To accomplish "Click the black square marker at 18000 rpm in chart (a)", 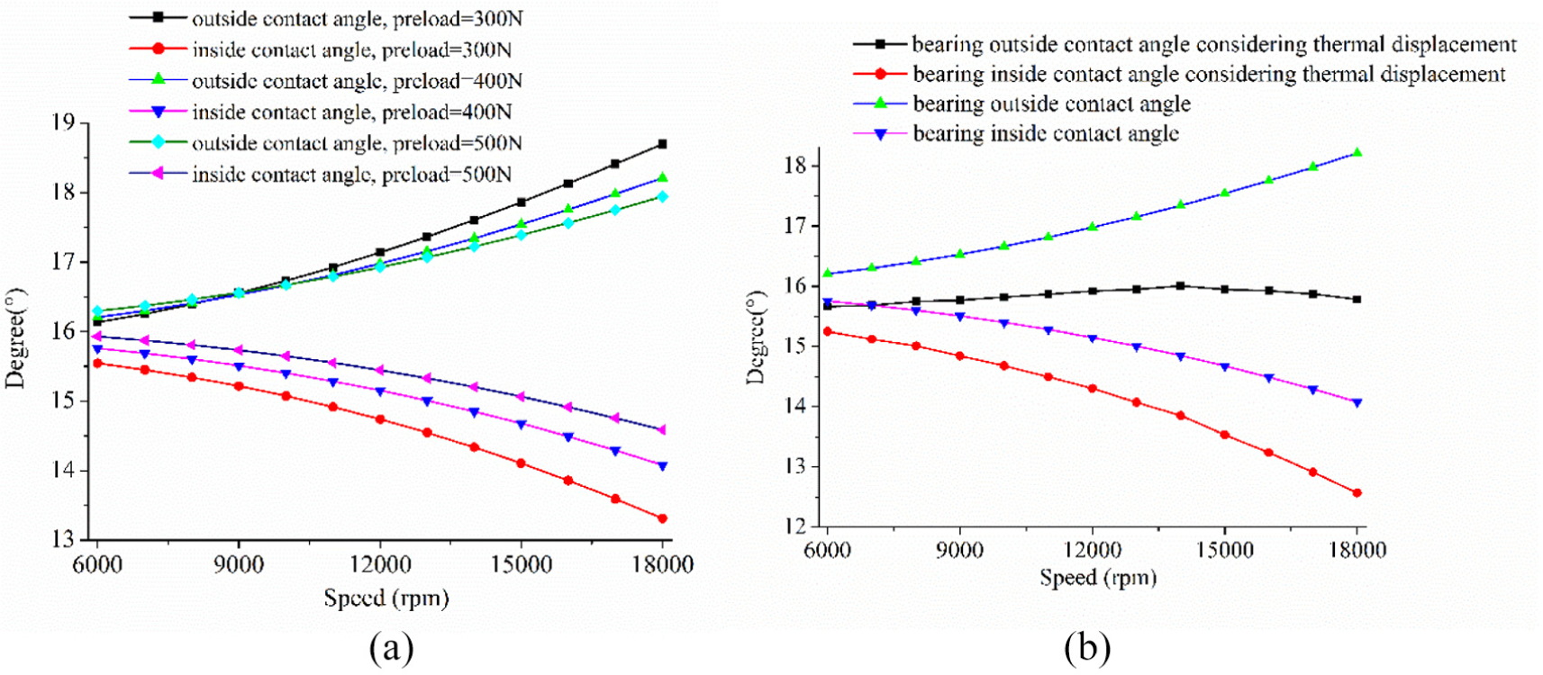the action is [662, 144].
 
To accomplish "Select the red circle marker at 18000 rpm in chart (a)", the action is [663, 518].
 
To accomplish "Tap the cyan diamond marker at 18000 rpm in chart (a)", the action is [663, 197].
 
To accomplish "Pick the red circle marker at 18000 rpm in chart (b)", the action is [1357, 492].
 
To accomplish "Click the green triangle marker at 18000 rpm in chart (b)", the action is [1357, 153].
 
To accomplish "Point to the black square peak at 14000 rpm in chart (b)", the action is [1180, 285].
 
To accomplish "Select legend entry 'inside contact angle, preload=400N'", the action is [321, 112].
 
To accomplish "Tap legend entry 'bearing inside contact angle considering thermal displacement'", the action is [1179, 74].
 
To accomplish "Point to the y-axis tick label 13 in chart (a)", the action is [63, 539].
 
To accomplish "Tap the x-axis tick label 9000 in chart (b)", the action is [959, 550].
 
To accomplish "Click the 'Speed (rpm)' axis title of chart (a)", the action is [386, 598].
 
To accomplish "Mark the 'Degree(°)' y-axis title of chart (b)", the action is [757, 337].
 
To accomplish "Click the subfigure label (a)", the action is [391, 648].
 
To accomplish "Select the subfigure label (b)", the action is [1087, 648].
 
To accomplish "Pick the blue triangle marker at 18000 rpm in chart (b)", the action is [1357, 403].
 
